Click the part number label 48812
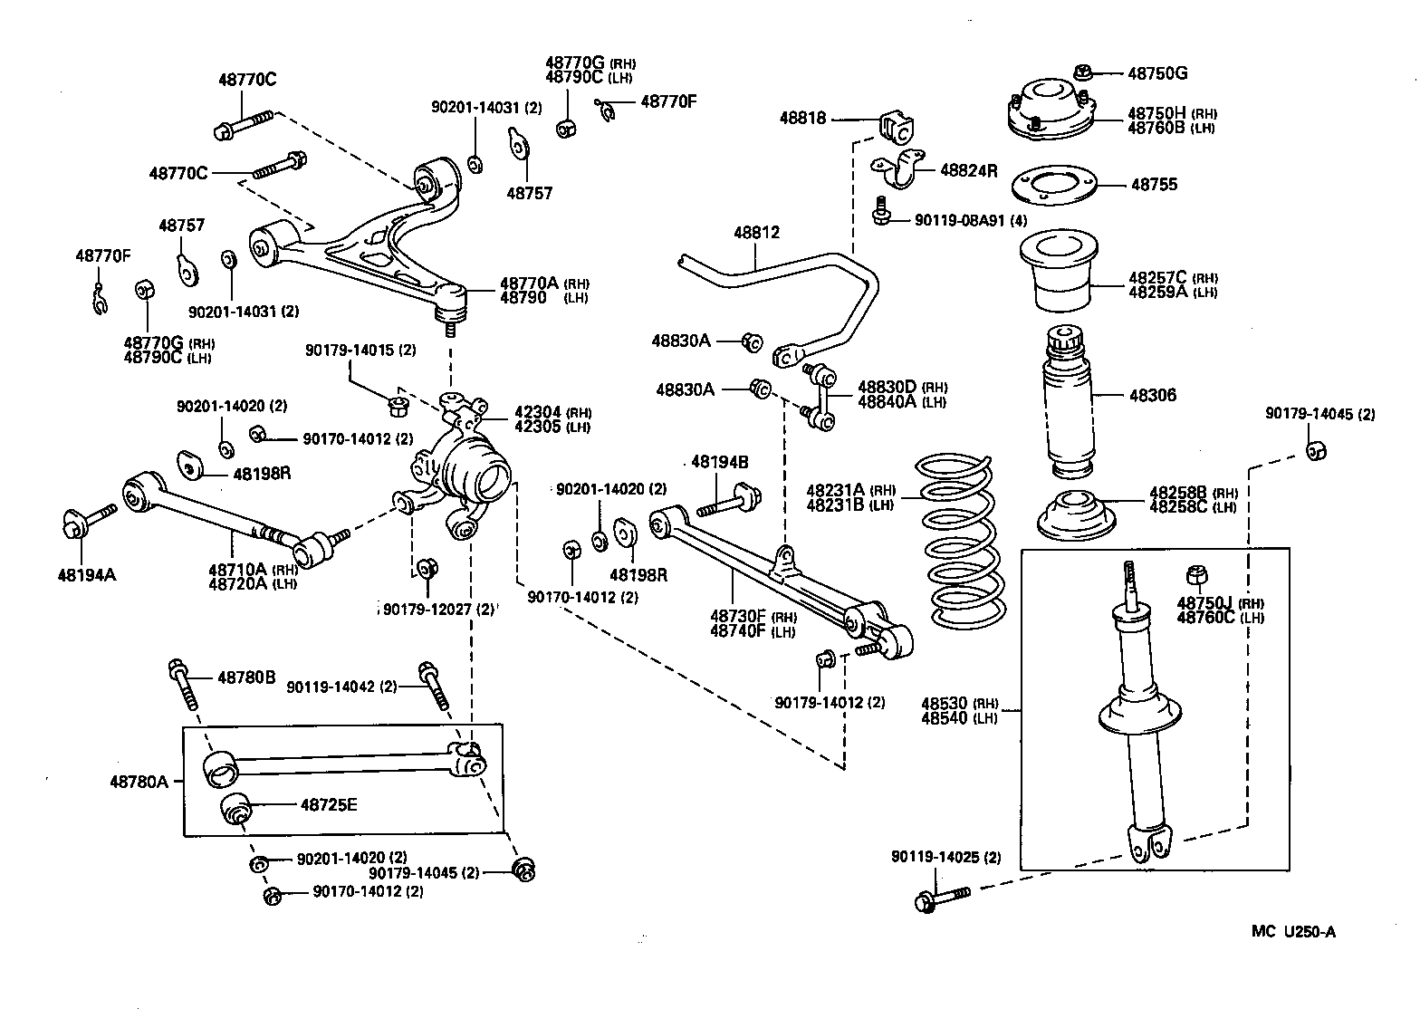point(756,233)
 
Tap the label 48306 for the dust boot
point(1153,395)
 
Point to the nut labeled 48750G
point(1083,72)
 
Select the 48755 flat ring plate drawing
point(1051,186)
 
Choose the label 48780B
point(245,677)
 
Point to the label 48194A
point(87,574)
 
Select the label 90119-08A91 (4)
point(971,220)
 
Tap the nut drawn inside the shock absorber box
point(1195,575)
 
